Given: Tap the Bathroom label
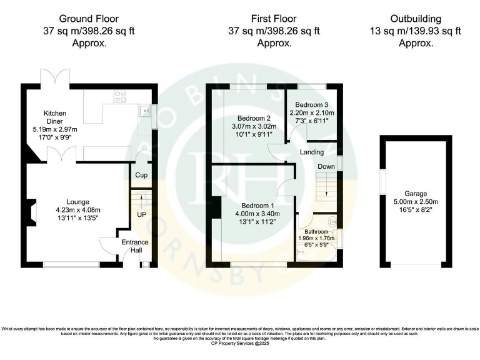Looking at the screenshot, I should [x=316, y=231].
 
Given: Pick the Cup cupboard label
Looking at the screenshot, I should [x=142, y=175].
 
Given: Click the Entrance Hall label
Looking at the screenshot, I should [x=134, y=246].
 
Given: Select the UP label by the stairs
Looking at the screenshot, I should [x=142, y=214].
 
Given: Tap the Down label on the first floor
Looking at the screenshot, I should [x=326, y=167].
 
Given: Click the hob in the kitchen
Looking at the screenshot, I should [x=119, y=96].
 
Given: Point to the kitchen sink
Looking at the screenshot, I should [x=145, y=111].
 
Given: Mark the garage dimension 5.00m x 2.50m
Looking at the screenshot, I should [x=415, y=202].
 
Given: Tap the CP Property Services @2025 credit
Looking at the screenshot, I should [x=239, y=343].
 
